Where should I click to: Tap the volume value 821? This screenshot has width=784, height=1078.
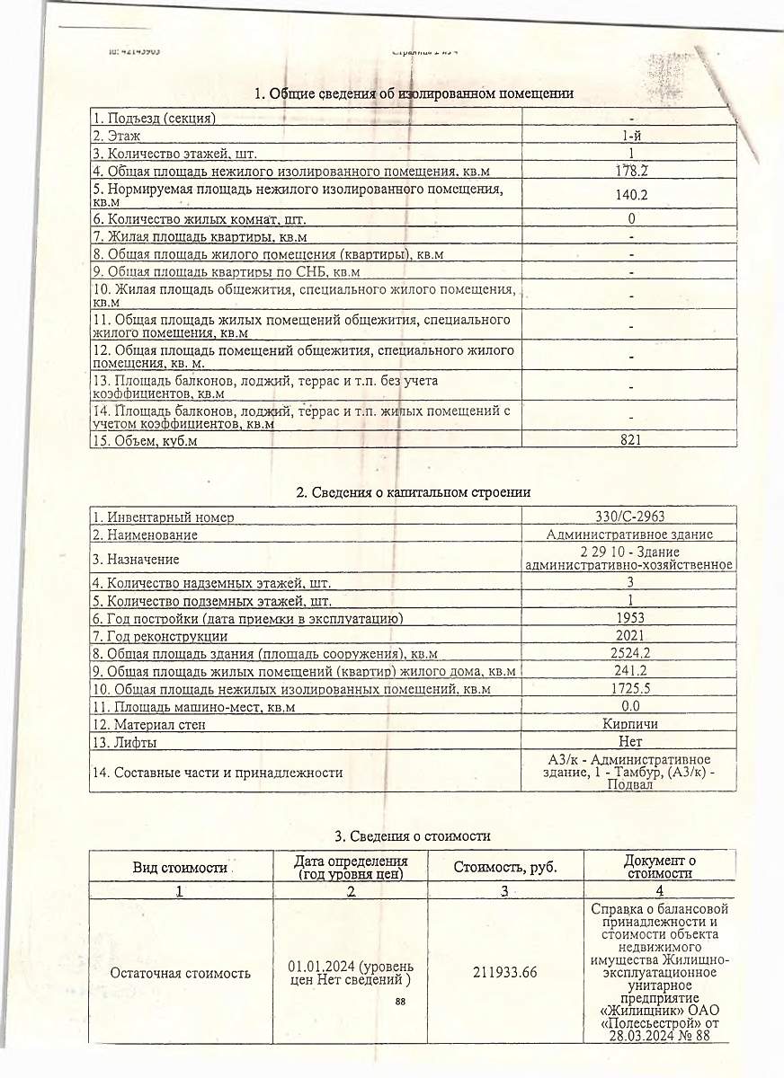point(630,440)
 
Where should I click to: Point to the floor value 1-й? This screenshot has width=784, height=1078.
point(631,136)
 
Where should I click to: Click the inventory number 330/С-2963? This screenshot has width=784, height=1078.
point(629,517)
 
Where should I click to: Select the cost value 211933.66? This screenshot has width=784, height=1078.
point(504,973)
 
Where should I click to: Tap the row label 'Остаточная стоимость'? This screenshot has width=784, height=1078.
point(179,973)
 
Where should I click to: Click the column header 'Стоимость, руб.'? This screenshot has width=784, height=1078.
point(504,867)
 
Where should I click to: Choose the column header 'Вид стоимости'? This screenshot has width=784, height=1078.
point(179,868)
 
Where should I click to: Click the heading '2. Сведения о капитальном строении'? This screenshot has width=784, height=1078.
point(413,492)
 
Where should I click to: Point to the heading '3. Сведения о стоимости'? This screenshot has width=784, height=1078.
point(413,836)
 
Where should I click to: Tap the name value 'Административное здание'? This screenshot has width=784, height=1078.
point(629,535)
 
